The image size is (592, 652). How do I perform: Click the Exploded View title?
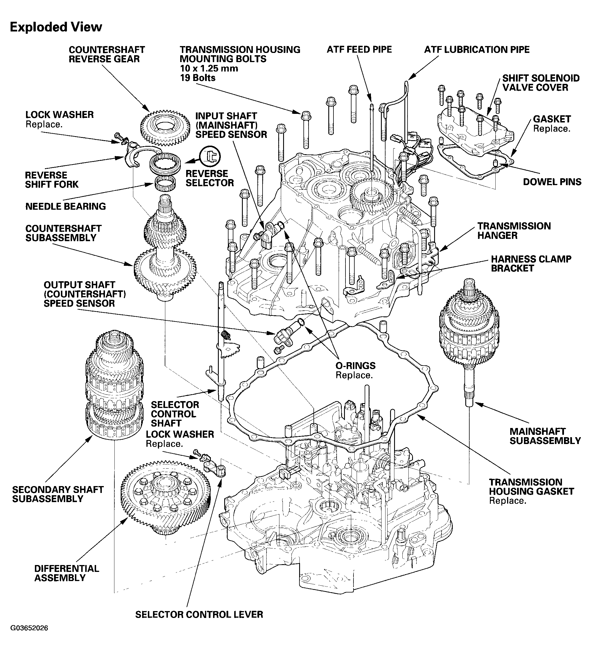point(56,27)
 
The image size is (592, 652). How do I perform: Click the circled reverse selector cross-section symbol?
point(210,156)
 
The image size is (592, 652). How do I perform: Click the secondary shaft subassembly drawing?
point(114,385)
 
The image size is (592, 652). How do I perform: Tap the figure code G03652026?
point(29,637)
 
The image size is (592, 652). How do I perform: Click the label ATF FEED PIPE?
point(359,49)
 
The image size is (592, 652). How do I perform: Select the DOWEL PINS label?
point(552,182)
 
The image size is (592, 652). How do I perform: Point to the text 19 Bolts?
point(198,78)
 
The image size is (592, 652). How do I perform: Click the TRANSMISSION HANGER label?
point(514,231)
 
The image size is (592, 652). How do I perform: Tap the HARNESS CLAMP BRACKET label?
point(531,263)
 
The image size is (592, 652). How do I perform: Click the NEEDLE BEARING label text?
point(65,206)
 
